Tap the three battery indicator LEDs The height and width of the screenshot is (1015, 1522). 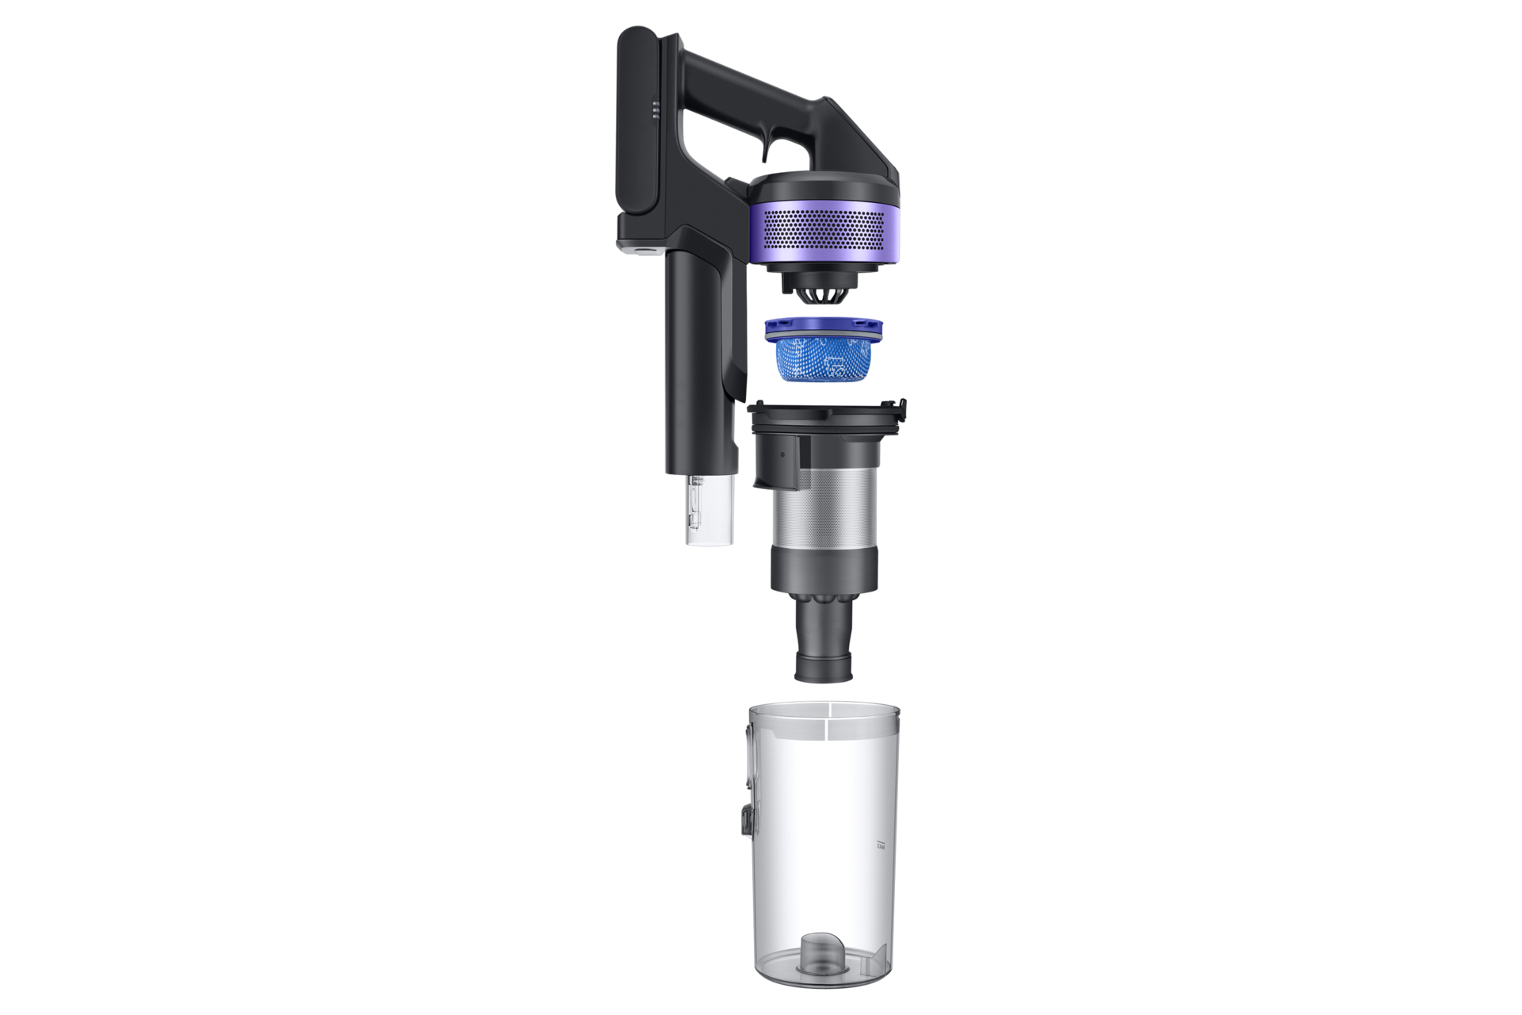click(x=656, y=111)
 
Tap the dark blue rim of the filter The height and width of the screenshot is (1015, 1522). click(x=824, y=327)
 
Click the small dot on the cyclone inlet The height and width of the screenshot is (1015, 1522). click(x=782, y=456)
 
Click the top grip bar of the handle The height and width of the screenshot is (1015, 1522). click(x=745, y=79)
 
